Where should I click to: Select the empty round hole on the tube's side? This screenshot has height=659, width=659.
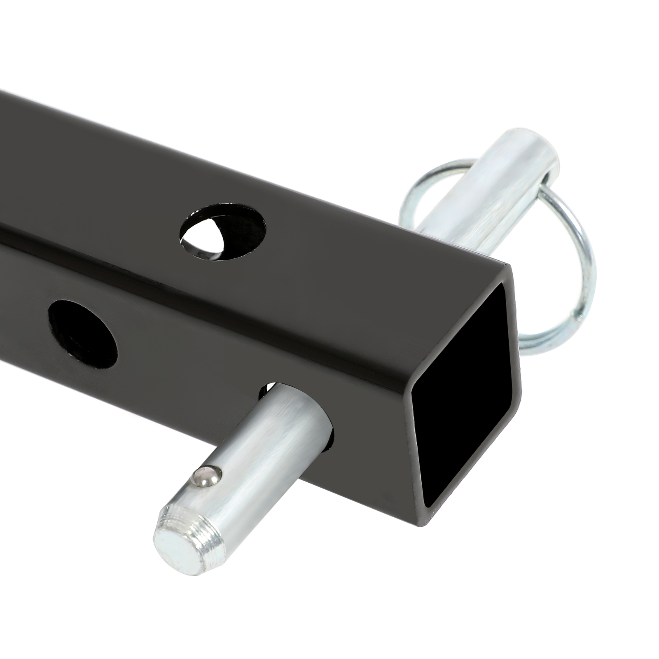[83, 334]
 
